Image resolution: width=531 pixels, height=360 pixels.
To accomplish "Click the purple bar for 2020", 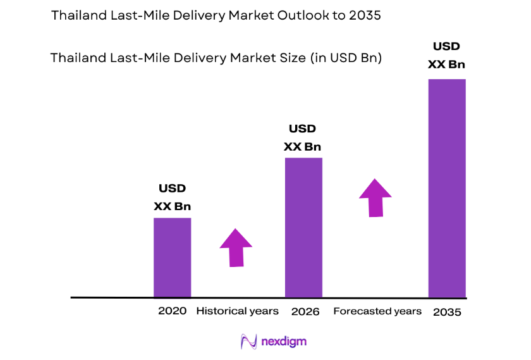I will [172, 257].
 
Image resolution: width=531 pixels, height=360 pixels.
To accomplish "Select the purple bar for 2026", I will [303, 227].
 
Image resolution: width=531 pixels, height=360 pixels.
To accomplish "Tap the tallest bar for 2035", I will [447, 188].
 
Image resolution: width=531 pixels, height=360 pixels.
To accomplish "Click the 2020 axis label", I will [172, 311].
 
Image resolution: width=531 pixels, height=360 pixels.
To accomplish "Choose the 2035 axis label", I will [448, 312].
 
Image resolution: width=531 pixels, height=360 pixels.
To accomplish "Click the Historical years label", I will [237, 311].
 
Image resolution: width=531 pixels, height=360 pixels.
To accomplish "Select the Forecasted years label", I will [377, 311].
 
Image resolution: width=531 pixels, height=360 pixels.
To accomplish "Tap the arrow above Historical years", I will [236, 247].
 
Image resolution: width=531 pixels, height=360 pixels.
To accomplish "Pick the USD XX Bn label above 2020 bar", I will [172, 197].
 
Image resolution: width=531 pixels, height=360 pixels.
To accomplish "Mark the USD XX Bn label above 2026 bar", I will [302, 138].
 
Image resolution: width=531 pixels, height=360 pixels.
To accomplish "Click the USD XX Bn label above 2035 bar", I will [446, 55].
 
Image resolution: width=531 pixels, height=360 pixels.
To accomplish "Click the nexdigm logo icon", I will [248, 342].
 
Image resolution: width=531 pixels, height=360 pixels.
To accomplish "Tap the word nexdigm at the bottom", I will [284, 342].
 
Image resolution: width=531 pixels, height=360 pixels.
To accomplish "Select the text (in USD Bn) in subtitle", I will [347, 58].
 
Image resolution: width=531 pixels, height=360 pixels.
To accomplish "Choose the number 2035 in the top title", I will [364, 16].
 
